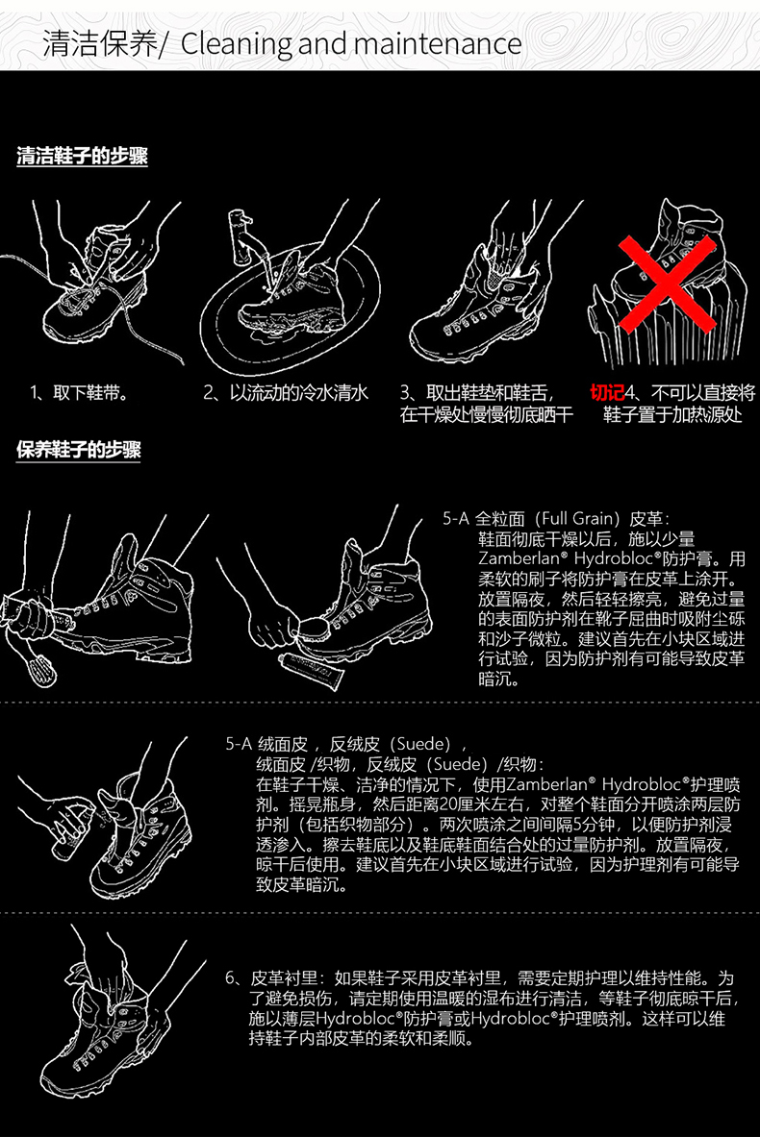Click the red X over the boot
pos(667,283)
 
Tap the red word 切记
pos(607,393)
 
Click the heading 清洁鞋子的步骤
pos(82,156)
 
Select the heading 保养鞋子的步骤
pos(78,450)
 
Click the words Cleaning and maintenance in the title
pos(350,44)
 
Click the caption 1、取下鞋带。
pos(80,393)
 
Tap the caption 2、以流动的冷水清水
pos(286,393)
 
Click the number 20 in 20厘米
pos(449,804)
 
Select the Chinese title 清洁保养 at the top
pos(99,44)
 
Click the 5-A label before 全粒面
pos(456,518)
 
